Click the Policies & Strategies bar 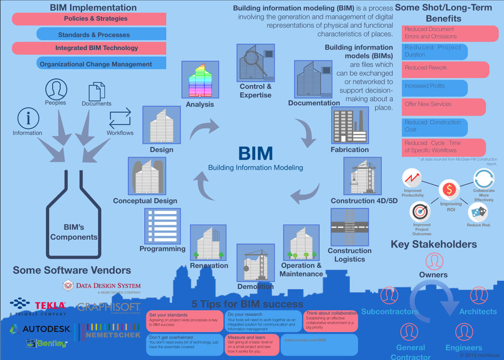(89, 19)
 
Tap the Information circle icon (28, 119)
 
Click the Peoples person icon (56, 89)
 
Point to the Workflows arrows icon (120, 118)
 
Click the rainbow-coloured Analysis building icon (200, 80)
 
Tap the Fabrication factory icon (349, 126)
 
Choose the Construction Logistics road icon (349, 227)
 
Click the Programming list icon (162, 226)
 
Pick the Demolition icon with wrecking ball (255, 263)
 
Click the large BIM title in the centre (255, 153)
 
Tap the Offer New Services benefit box (443, 107)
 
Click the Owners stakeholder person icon (434, 262)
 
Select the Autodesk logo (40, 329)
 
